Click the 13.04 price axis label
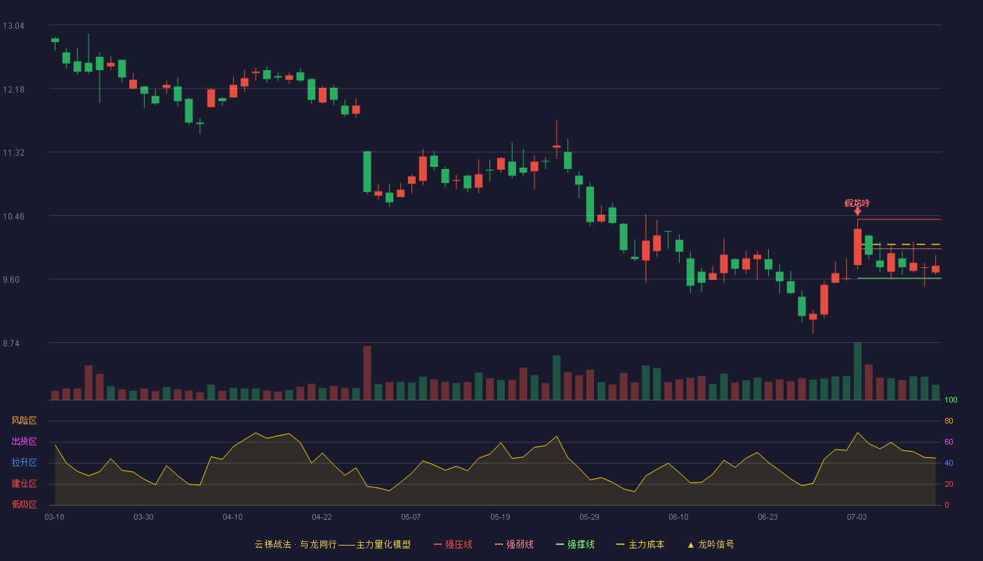click(x=13, y=26)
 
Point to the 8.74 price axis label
click(x=11, y=344)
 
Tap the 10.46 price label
click(x=13, y=217)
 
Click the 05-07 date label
click(x=411, y=518)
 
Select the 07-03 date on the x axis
click(x=857, y=518)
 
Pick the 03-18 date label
click(x=55, y=518)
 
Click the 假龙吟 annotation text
click(x=857, y=203)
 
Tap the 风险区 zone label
click(x=24, y=421)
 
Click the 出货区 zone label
click(x=24, y=441)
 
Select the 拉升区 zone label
click(x=24, y=462)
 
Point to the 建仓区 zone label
click(x=24, y=483)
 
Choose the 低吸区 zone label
click(x=24, y=504)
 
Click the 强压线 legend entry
click(x=453, y=545)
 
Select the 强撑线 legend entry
click(x=575, y=545)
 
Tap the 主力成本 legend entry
click(x=640, y=545)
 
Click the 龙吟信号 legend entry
click(x=711, y=545)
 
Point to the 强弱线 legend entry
click(x=514, y=545)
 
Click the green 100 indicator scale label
click(x=951, y=400)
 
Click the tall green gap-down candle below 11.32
click(x=367, y=172)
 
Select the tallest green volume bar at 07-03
click(x=857, y=371)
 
